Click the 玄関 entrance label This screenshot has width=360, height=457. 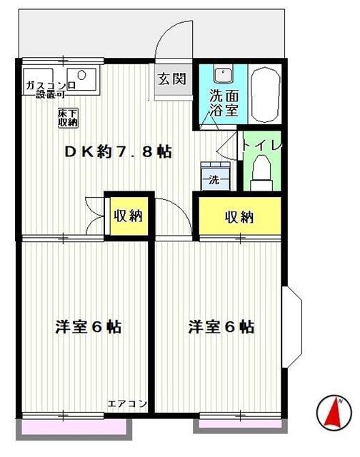pyautogui.click(x=172, y=78)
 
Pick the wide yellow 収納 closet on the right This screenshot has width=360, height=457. pyautogui.click(x=239, y=217)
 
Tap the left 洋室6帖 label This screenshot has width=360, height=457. pyautogui.click(x=89, y=327)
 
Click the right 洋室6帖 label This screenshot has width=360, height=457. pyautogui.click(x=221, y=327)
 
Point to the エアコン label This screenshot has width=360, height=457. pyautogui.click(x=127, y=404)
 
